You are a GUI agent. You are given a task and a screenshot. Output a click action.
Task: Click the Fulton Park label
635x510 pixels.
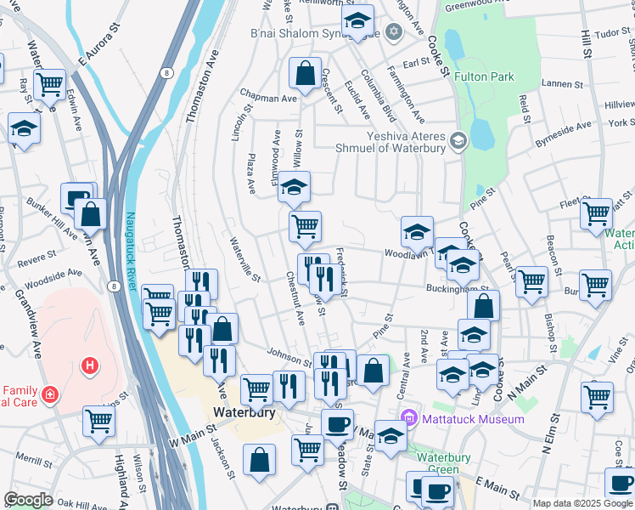(x=484, y=76)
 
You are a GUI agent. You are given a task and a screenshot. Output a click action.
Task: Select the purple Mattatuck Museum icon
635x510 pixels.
(x=409, y=418)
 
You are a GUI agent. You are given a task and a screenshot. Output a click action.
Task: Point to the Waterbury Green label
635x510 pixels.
(x=443, y=463)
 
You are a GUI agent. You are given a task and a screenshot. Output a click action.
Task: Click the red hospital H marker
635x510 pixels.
(x=88, y=367)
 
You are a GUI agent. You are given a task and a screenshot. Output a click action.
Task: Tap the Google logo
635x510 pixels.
(x=28, y=500)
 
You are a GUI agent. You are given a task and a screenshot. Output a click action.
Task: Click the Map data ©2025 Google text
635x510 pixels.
(x=581, y=503)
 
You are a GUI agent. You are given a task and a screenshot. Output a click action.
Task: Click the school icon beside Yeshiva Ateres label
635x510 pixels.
(x=458, y=140)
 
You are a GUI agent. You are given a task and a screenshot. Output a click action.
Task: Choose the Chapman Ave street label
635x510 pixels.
(x=267, y=98)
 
